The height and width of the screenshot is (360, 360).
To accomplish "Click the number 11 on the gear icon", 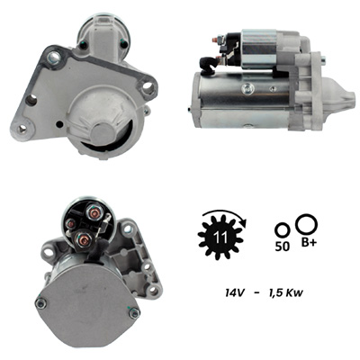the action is pos(220,238).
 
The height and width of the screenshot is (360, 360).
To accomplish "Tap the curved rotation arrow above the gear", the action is pos(226,211).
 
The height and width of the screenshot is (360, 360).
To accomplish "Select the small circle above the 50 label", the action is pos(283,230).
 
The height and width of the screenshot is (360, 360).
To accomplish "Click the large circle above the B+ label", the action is pos(307,224).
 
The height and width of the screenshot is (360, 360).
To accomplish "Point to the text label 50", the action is pos(283,247).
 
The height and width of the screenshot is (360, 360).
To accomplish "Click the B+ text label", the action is pos(309,243).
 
